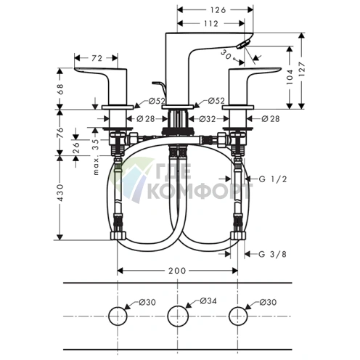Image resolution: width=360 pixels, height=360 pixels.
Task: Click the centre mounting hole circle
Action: point(178,316)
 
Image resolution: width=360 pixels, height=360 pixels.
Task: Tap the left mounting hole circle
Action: point(117,316)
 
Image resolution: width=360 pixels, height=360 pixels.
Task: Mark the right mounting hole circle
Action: point(237,316)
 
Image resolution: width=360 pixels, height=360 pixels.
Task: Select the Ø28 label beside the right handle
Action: point(271,117)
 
